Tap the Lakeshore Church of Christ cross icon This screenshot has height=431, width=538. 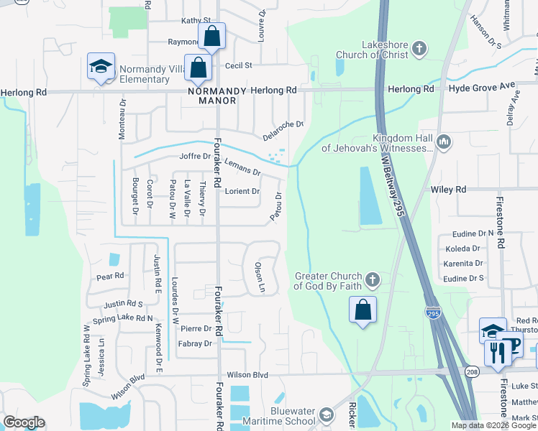(x=419, y=50)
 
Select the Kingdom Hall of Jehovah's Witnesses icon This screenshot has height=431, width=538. (x=444, y=143)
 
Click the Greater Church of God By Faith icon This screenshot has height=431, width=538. (x=372, y=279)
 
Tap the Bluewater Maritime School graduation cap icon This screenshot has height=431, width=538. (x=327, y=415)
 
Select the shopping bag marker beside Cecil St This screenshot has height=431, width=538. (x=198, y=68)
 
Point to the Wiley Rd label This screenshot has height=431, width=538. (x=449, y=190)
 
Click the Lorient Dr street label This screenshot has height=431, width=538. (x=242, y=191)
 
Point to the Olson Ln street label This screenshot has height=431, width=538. (x=260, y=277)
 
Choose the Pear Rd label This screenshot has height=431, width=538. (x=110, y=276)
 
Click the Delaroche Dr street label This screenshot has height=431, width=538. (x=283, y=129)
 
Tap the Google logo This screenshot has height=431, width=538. (x=24, y=422)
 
